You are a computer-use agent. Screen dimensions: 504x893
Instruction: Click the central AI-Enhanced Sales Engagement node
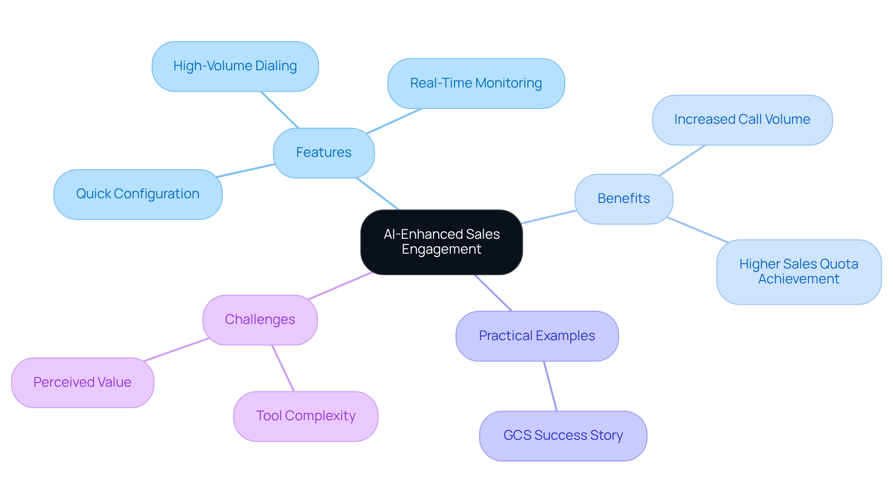(x=441, y=242)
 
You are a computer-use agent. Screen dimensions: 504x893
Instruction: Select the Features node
(x=324, y=153)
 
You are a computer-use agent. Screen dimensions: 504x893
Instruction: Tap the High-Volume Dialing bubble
(x=235, y=66)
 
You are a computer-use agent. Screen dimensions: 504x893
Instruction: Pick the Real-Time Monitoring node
(x=476, y=83)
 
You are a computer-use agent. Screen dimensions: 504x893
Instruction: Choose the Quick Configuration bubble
(x=138, y=194)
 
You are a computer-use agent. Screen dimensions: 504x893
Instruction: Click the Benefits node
(x=623, y=199)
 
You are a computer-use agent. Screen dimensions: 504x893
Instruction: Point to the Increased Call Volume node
(x=742, y=120)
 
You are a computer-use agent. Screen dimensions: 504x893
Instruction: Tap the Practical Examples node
(x=537, y=336)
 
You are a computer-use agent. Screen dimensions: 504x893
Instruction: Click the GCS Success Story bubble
(x=563, y=436)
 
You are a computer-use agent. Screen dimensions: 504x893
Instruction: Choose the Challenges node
(x=260, y=320)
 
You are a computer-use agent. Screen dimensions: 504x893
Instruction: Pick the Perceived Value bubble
(x=82, y=383)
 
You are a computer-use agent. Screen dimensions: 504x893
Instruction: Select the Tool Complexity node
(x=306, y=416)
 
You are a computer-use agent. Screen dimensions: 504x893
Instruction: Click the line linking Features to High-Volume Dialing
(x=280, y=109)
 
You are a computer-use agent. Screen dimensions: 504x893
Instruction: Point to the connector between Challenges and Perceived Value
(x=176, y=349)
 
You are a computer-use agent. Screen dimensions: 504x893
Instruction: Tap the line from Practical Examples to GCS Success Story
(x=550, y=386)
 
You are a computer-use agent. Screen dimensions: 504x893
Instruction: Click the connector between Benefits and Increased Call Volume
(x=682, y=160)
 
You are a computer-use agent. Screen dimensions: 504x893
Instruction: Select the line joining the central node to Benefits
(x=549, y=217)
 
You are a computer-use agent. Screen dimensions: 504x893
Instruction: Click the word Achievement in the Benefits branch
(x=799, y=279)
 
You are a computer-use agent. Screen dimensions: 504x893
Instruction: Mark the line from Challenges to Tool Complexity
(x=283, y=368)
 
